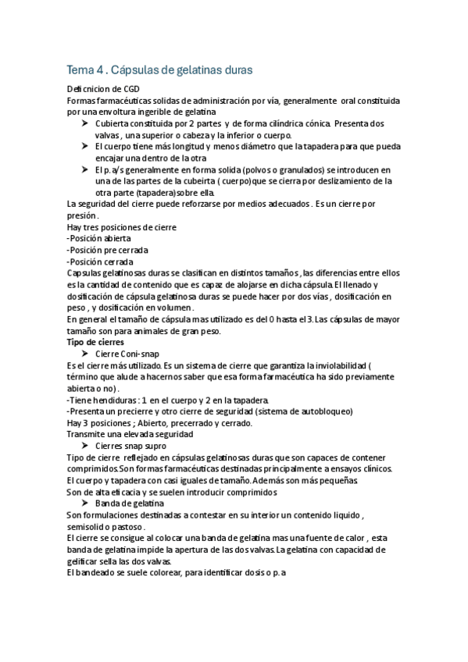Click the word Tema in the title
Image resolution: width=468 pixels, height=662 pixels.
tap(79, 69)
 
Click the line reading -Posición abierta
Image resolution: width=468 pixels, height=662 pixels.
tap(99, 238)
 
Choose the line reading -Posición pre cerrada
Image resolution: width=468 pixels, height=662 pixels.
tap(107, 250)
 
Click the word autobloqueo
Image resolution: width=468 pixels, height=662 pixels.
tap(323, 411)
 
